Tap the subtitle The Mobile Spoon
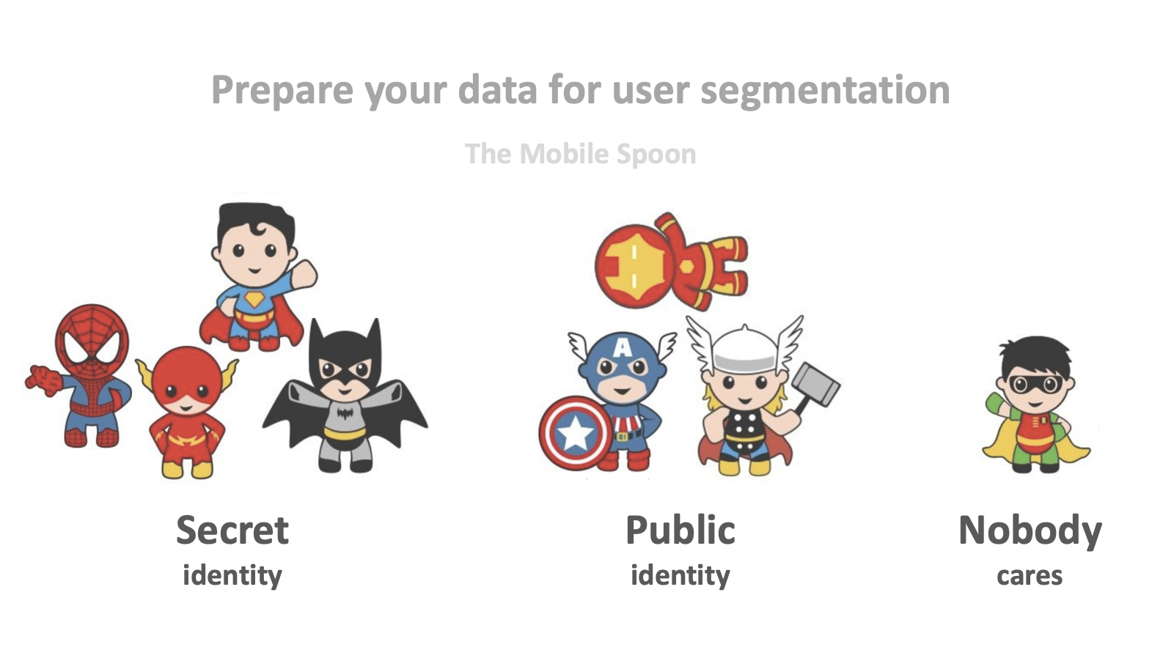[x=580, y=154]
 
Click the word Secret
[x=232, y=530]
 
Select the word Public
[x=680, y=530]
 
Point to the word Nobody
[x=1030, y=530]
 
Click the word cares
[x=1029, y=576]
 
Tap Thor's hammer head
[x=816, y=382]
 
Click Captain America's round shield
[x=576, y=434]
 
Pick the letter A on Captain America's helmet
[x=622, y=347]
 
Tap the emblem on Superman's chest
[x=254, y=299]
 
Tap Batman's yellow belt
[x=345, y=433]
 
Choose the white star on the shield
[x=575, y=435]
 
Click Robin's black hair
[x=1035, y=353]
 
